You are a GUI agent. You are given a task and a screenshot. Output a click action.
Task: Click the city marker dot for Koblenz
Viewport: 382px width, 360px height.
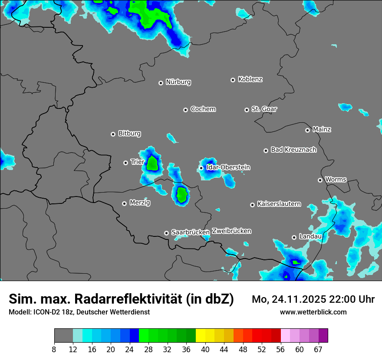pyautogui.click(x=233, y=80)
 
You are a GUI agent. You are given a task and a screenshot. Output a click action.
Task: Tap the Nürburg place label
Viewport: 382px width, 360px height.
pyautogui.click(x=178, y=82)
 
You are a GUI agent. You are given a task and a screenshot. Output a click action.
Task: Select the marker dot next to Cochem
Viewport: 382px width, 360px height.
pyautogui.click(x=185, y=110)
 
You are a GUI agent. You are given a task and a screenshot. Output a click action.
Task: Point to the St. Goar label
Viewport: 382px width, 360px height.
pyautogui.click(x=264, y=109)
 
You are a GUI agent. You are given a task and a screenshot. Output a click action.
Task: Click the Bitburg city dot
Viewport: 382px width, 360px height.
pyautogui.click(x=113, y=134)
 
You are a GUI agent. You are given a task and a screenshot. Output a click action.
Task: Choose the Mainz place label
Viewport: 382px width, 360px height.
pyautogui.click(x=322, y=129)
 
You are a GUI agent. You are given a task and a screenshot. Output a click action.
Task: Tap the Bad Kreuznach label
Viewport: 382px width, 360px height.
pyautogui.click(x=293, y=150)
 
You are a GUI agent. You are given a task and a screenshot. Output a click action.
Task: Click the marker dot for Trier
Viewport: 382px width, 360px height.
pyautogui.click(x=126, y=163)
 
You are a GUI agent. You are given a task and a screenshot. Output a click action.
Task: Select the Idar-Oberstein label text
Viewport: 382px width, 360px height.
pyautogui.click(x=228, y=167)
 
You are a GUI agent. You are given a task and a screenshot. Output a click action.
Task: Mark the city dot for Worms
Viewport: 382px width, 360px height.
pyautogui.click(x=320, y=180)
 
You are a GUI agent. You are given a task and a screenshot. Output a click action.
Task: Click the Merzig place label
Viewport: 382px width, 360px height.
pyautogui.click(x=140, y=203)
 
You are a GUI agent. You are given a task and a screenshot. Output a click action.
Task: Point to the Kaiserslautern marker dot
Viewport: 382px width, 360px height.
pyautogui.click(x=253, y=205)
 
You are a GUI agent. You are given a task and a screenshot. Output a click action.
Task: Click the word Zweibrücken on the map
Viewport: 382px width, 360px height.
pyautogui.click(x=232, y=231)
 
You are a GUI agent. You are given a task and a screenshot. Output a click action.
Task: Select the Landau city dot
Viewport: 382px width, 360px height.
pyautogui.click(x=294, y=237)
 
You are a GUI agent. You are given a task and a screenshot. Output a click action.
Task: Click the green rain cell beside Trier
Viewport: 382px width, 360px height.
pyautogui.click(x=152, y=164)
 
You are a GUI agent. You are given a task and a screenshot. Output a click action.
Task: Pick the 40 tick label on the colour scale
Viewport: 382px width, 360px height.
pyautogui.click(x=205, y=349)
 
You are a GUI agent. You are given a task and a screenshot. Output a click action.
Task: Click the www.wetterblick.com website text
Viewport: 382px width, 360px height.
pyautogui.click(x=313, y=312)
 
